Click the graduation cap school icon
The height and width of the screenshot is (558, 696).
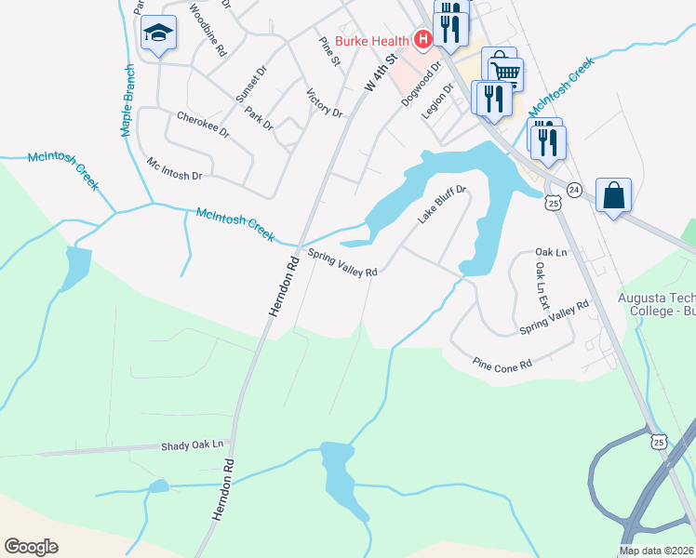click(159, 35)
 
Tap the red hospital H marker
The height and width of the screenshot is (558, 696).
click(423, 39)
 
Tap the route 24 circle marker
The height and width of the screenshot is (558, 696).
click(574, 190)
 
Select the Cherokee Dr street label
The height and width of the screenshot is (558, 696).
click(203, 125)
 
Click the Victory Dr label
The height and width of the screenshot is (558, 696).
click(324, 102)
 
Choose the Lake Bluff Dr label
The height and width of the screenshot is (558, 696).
click(441, 205)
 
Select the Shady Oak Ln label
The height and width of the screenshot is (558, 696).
click(194, 445)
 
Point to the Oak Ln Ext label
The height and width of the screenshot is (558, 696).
click(542, 285)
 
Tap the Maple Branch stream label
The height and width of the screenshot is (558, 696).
click(128, 100)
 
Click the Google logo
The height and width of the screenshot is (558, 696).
click(31, 547)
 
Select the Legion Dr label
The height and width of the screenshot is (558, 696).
click(435, 100)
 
